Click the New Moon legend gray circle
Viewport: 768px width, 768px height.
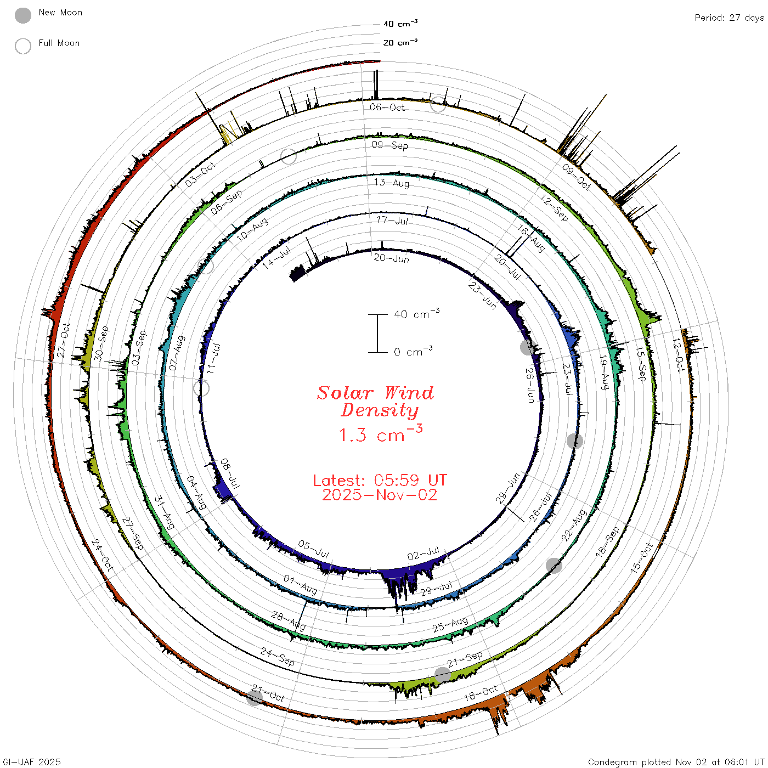[x=22, y=15]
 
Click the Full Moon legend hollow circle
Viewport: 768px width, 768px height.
[x=22, y=46]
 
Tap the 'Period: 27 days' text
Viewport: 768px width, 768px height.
[x=729, y=18]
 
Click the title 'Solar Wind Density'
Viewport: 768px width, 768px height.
[x=375, y=402]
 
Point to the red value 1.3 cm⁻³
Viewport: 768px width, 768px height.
[x=380, y=434]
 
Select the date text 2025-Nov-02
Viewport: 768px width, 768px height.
[x=380, y=495]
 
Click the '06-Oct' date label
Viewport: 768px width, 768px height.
[x=387, y=107]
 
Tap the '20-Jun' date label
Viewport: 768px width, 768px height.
[x=391, y=258]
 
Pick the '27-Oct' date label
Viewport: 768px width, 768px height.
[x=63, y=340]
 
